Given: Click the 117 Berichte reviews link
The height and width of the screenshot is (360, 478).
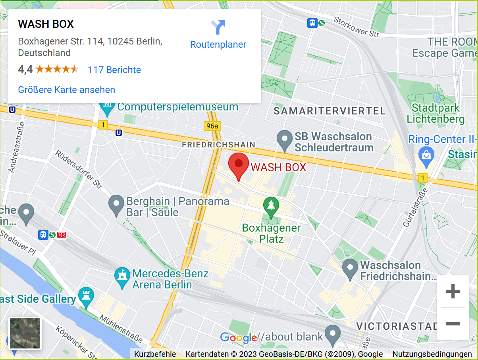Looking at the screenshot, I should click(x=114, y=70).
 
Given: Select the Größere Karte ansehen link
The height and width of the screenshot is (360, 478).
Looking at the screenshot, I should click(x=67, y=90).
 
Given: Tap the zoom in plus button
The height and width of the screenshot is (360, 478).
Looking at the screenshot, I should click(x=453, y=292).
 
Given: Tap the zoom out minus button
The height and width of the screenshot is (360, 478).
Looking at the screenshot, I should click(x=453, y=324).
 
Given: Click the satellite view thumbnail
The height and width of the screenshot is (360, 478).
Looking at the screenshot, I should click(x=25, y=333).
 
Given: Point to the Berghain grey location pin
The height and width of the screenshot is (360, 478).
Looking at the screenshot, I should click(x=116, y=205).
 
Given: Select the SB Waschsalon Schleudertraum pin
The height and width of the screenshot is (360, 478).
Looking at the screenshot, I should click(x=284, y=140).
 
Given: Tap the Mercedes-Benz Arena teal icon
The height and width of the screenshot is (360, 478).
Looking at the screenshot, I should click(x=122, y=277).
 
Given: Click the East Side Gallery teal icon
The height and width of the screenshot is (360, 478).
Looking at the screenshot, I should click(x=86, y=297).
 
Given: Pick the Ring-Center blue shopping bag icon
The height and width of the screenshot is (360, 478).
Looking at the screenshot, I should click(x=426, y=155).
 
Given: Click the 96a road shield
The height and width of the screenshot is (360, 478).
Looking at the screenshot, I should click(x=212, y=126).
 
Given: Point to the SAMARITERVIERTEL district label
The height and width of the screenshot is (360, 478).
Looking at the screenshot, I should click(x=330, y=111).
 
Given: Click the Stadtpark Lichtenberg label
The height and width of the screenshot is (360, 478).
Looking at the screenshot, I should click(x=436, y=113).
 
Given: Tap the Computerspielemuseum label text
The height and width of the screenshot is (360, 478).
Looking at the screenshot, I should click(x=178, y=107).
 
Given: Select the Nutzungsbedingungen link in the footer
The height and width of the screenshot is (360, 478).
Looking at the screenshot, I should click(x=432, y=354).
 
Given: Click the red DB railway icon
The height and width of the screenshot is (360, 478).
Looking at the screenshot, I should click(x=62, y=235).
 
